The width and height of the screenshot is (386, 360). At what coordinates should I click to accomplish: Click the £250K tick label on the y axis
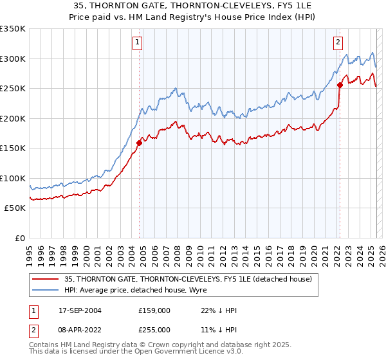click(x=12, y=89)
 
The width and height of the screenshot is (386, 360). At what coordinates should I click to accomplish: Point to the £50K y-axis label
click(x=14, y=208)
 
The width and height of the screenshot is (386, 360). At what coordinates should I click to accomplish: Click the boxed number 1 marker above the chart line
click(x=138, y=43)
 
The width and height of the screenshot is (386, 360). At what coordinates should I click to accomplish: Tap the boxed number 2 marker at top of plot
click(x=338, y=43)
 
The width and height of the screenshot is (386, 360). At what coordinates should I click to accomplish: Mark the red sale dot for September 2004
click(x=139, y=143)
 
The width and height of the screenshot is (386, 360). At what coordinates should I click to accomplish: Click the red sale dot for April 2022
click(x=339, y=85)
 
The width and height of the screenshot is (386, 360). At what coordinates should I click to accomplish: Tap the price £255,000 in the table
click(x=154, y=329)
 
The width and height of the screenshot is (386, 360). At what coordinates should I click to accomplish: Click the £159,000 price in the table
click(x=154, y=310)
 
